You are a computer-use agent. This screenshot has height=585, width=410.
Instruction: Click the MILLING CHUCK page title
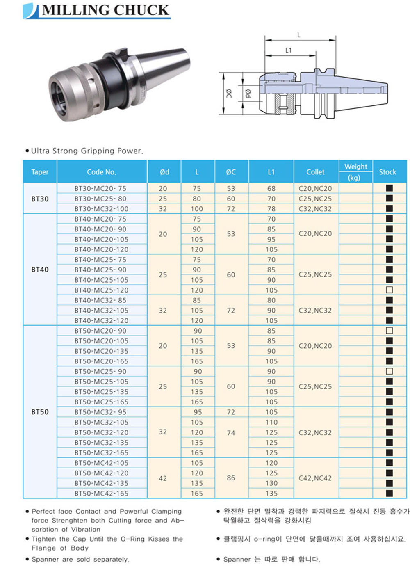tap(106, 10)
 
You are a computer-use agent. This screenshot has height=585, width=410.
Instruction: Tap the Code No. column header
tap(102, 172)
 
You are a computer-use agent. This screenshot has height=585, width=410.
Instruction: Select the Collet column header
tap(315, 172)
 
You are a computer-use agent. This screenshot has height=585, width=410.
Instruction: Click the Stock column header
tap(387, 172)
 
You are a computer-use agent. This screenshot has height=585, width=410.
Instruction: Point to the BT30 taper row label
tap(40, 199)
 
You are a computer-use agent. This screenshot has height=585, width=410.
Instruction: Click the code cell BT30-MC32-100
tap(102, 209)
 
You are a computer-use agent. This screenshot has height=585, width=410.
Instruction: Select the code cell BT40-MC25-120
tap(102, 290)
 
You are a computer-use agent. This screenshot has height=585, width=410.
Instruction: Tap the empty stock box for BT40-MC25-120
tap(389, 290)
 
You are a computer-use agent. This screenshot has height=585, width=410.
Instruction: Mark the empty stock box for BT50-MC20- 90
tap(389, 331)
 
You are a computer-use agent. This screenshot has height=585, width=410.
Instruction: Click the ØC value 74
tap(231, 433)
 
